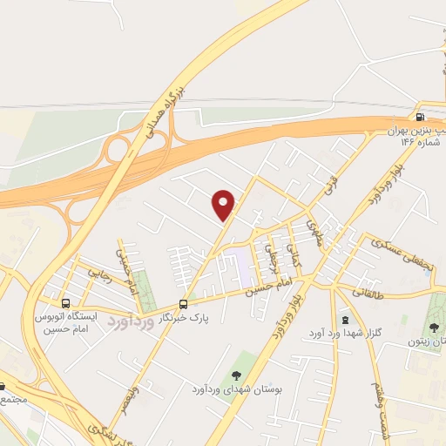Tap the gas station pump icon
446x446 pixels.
(x=421, y=118)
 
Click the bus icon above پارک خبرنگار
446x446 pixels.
(x=183, y=304)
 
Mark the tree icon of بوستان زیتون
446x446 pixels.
(x=434, y=327)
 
